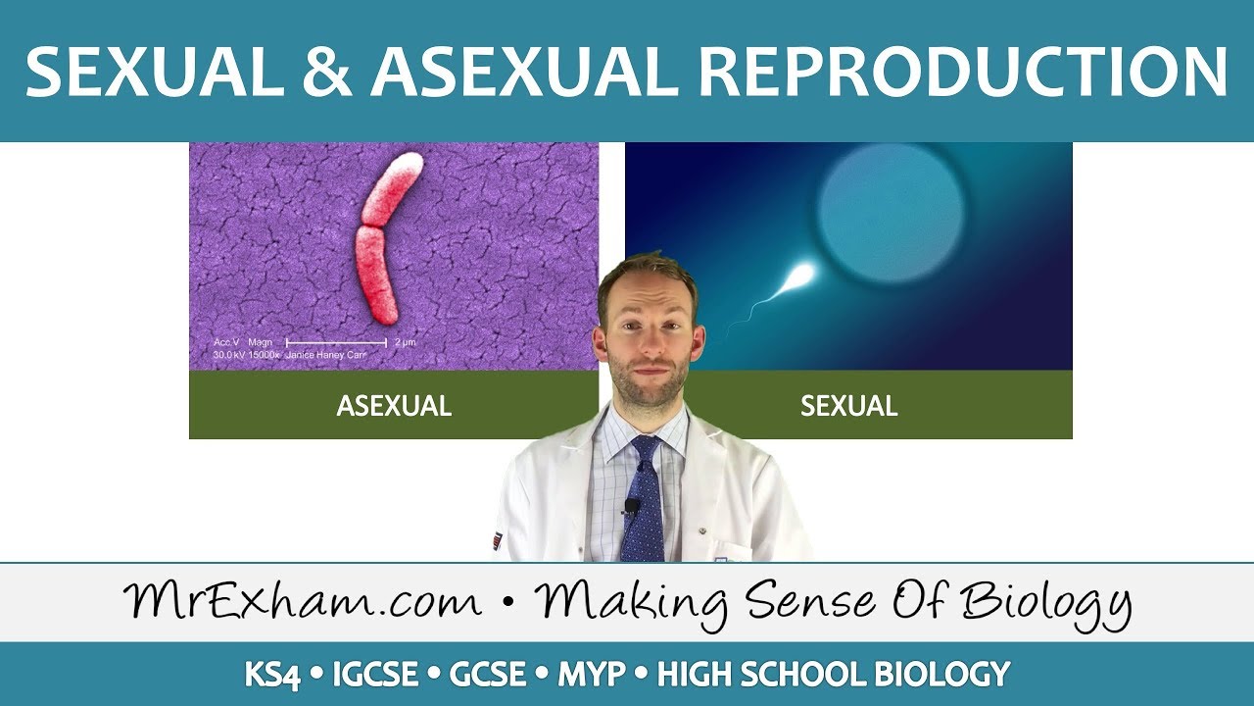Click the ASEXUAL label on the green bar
click(394, 406)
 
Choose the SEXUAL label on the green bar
click(848, 406)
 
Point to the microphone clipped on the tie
click(632, 507)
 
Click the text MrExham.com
click(303, 601)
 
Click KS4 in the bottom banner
click(272, 675)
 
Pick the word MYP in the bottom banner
click(592, 675)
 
